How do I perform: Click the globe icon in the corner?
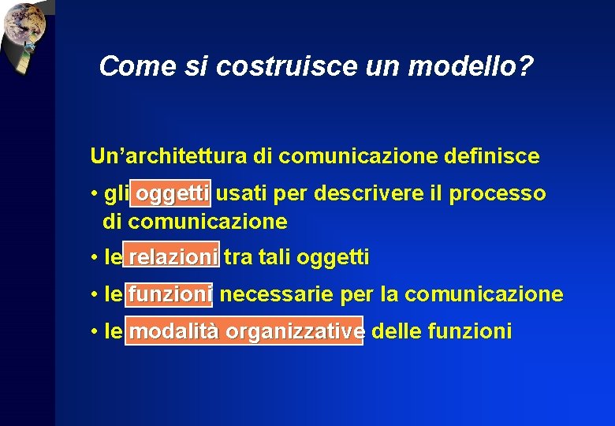(24, 24)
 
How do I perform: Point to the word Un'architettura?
(169, 156)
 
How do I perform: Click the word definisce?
(490, 156)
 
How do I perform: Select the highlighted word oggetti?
(171, 193)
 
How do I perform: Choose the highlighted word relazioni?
(173, 256)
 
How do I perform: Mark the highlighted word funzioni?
(170, 294)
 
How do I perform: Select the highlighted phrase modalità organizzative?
(245, 331)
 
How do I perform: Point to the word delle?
(395, 331)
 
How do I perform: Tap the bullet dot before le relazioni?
(94, 258)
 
